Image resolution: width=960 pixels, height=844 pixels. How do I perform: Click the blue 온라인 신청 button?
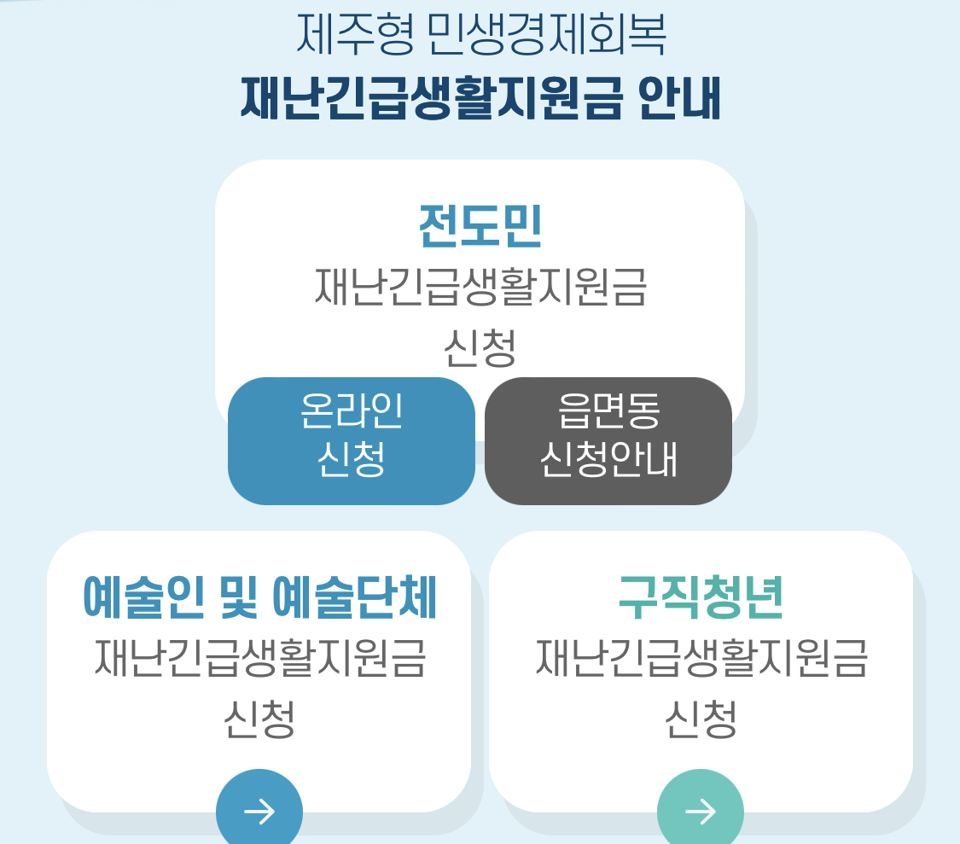click(x=351, y=440)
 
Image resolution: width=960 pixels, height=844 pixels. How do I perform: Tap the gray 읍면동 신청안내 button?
click(x=608, y=440)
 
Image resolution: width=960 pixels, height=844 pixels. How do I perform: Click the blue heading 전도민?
click(x=480, y=226)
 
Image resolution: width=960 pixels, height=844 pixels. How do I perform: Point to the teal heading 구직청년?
click(x=701, y=598)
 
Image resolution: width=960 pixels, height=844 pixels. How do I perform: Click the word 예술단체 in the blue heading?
click(x=354, y=598)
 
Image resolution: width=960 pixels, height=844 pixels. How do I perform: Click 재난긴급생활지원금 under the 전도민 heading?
click(x=480, y=288)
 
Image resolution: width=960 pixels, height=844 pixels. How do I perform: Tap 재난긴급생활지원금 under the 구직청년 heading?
click(x=701, y=659)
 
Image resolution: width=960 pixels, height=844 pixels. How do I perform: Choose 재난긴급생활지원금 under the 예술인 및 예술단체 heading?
click(x=259, y=659)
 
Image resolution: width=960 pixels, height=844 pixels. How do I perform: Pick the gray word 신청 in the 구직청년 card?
click(x=701, y=719)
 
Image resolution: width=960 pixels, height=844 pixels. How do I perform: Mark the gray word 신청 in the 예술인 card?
click(x=259, y=719)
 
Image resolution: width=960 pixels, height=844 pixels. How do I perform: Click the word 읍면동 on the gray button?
click(x=608, y=412)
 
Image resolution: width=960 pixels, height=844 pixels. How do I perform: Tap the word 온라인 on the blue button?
click(x=351, y=412)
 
